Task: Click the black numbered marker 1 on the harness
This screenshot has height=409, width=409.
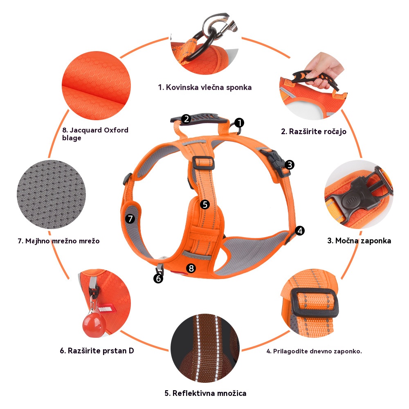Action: [239, 123]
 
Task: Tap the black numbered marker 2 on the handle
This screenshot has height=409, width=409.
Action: [186, 119]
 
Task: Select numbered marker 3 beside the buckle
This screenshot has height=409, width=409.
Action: [290, 165]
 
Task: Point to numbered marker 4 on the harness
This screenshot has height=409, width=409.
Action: [300, 231]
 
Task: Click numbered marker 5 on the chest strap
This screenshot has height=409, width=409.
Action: [205, 204]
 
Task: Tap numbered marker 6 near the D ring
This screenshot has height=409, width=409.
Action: [158, 279]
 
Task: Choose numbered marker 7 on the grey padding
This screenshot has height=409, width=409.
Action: [130, 218]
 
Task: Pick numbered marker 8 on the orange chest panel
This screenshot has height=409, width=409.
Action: [191, 268]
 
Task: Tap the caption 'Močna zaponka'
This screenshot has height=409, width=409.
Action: [363, 240]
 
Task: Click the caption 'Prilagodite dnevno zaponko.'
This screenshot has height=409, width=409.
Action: [317, 351]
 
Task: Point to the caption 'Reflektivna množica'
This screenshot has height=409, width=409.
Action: [209, 393]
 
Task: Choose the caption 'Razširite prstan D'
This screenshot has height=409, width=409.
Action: [101, 351]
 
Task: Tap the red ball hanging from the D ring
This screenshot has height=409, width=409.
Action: [94, 324]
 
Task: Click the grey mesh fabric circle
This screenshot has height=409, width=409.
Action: [52, 195]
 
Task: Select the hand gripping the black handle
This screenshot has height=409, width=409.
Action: [324, 70]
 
